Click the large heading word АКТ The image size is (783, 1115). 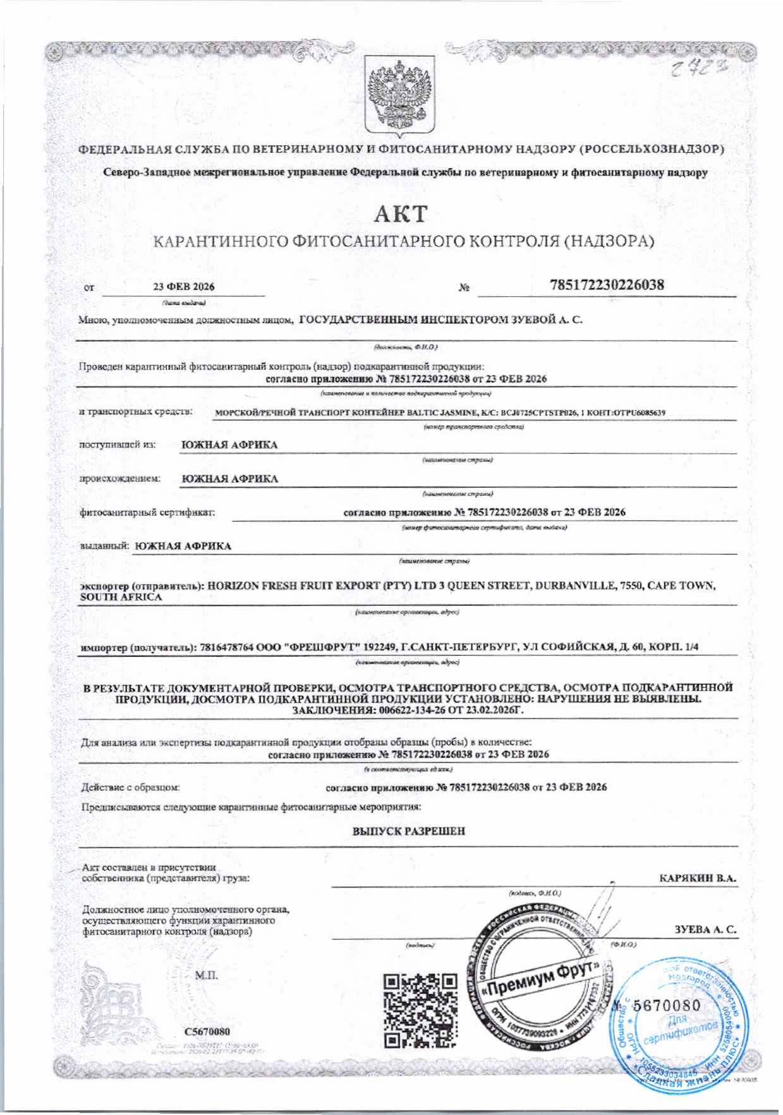400,214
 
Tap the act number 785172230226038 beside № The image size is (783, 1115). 607,285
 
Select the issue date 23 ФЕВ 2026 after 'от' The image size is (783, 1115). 183,287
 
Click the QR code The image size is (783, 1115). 420,1010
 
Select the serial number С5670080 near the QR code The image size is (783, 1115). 207,1032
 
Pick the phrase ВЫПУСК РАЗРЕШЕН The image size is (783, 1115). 408,831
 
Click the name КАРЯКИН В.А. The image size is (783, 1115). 698,878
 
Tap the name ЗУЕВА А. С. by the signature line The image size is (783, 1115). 705,930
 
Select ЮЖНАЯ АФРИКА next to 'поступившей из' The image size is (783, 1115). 229,445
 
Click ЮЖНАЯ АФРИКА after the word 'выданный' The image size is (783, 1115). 183,546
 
